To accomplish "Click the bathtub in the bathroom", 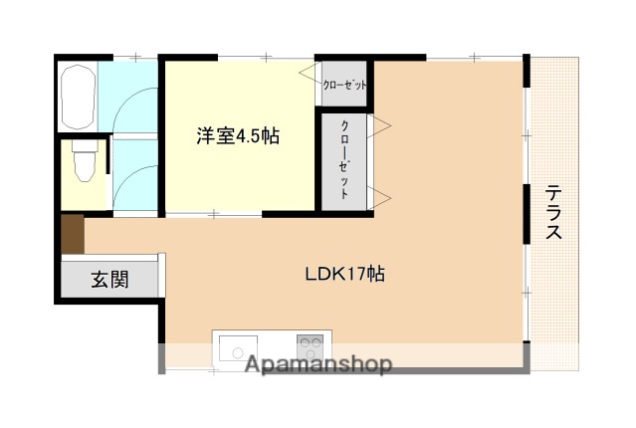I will (x=77, y=96).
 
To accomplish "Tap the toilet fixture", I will (x=85, y=159).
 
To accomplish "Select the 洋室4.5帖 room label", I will (x=237, y=136).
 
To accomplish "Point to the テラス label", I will (x=552, y=213).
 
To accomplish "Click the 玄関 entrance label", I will (x=110, y=279).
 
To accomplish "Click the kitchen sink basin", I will (x=238, y=349).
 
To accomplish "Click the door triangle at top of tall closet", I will (x=380, y=126).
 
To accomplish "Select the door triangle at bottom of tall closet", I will (x=380, y=193).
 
